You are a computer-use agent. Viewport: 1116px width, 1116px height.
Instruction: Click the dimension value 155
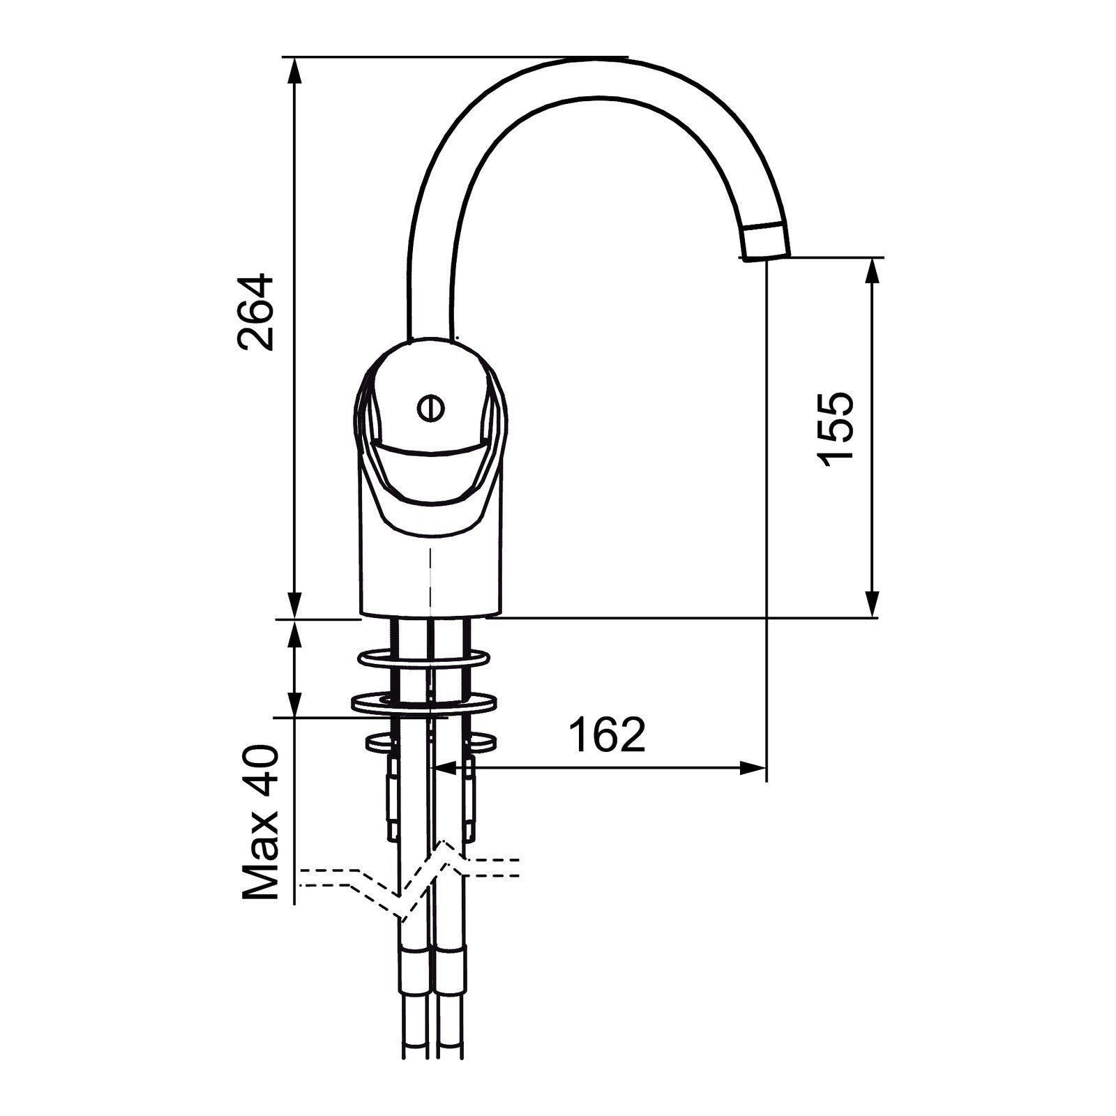tap(835, 429)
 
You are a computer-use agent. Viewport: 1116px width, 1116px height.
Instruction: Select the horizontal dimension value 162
tap(608, 734)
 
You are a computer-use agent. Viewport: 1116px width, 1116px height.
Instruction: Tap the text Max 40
tap(260, 823)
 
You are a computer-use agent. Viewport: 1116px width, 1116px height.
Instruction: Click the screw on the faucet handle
tap(430, 408)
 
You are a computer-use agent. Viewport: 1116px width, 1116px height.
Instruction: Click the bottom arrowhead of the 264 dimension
tap(295, 604)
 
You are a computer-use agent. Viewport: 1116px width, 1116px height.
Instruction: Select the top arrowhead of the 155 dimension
tap(872, 272)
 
